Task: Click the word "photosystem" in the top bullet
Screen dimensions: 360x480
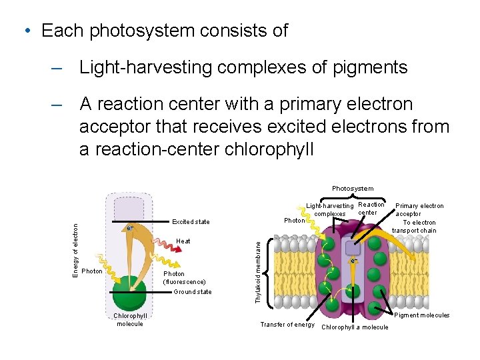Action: tap(141, 31)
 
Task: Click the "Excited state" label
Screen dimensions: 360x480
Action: tap(191, 222)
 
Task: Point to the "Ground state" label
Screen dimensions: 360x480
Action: tap(193, 292)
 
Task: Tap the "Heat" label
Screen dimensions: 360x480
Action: tap(183, 241)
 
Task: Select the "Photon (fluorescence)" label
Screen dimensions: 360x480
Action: tap(185, 277)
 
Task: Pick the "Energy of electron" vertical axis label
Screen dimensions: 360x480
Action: tap(76, 241)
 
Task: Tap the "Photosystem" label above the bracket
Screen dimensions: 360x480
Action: tap(353, 189)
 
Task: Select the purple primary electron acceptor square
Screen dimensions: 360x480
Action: tap(353, 249)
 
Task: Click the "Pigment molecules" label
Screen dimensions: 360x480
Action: tap(423, 315)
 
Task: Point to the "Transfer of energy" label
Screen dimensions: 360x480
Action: tap(287, 325)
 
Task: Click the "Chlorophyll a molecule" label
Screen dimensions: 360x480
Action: tap(355, 327)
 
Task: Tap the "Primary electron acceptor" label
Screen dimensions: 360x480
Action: tap(419, 210)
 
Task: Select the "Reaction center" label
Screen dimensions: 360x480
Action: tap(371, 209)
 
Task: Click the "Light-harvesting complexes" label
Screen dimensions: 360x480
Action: tap(330, 210)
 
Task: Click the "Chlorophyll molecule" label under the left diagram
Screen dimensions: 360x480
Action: tap(130, 319)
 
